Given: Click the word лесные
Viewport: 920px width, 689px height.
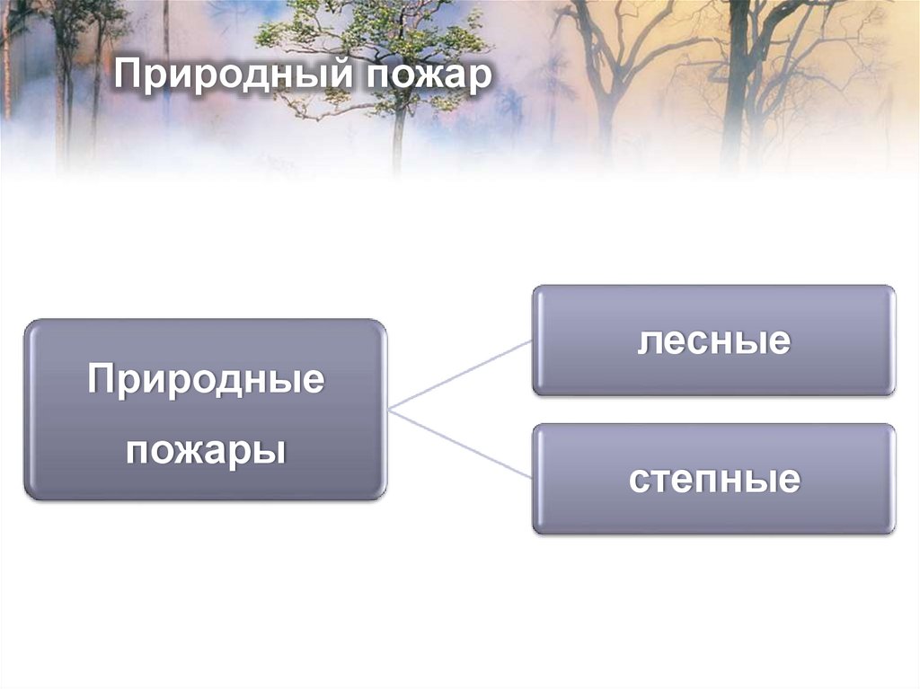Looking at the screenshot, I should click(713, 340).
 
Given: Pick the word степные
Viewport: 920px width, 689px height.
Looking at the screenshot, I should click(713, 479).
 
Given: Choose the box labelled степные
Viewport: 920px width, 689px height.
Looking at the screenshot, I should click(713, 517).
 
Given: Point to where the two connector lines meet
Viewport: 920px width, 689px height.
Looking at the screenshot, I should click(389, 410).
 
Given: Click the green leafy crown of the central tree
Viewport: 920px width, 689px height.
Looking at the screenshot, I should click(377, 40).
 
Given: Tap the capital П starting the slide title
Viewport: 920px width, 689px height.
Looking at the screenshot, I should click(127, 75).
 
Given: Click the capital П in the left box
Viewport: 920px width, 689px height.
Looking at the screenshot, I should click(102, 380).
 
